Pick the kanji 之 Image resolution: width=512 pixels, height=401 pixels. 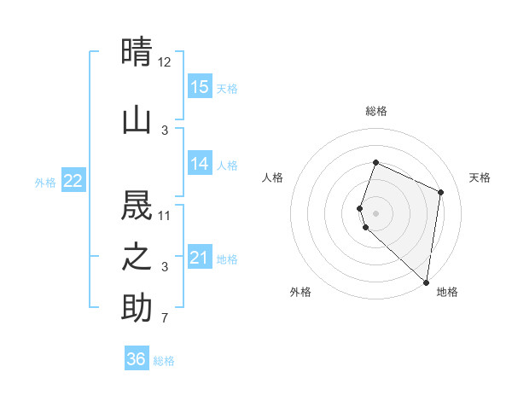[137, 257]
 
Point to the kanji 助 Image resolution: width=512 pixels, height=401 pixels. [137, 308]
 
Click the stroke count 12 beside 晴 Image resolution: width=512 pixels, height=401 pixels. [165, 62]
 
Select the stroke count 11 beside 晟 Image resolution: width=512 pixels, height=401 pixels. [165, 215]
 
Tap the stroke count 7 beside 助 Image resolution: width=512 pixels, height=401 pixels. [165, 319]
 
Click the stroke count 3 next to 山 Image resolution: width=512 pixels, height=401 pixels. [165, 130]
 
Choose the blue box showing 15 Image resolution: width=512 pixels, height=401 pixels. [200, 87]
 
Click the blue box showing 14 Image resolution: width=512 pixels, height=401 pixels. [200, 164]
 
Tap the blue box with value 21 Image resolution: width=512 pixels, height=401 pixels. [200, 258]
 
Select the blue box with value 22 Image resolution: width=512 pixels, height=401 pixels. [73, 181]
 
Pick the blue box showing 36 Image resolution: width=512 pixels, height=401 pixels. [137, 359]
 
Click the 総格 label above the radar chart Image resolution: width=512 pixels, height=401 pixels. [375, 111]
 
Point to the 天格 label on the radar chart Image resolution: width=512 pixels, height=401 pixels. [480, 177]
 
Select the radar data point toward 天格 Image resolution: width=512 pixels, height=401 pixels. [441, 192]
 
